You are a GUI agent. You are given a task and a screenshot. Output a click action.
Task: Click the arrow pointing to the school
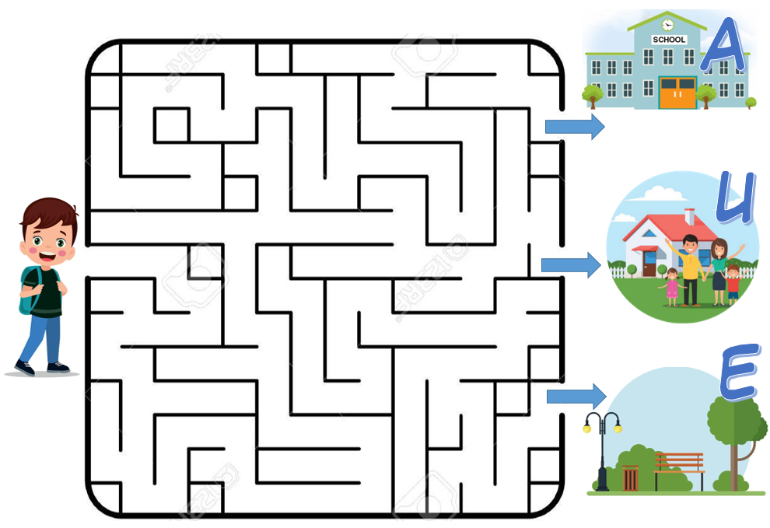click(574, 127)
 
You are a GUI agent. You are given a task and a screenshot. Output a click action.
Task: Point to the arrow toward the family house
click(570, 265)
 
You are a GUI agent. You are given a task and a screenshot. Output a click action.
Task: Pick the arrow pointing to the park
click(576, 397)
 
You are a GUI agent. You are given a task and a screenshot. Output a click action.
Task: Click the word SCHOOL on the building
click(668, 40)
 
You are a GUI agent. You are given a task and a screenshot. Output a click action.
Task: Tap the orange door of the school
click(677, 93)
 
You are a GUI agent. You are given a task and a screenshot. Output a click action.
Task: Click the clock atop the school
click(667, 24)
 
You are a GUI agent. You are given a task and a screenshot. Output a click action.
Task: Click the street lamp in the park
click(603, 451)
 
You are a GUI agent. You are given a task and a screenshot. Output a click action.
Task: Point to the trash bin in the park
click(630, 477)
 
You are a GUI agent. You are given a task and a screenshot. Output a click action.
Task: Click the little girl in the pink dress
click(671, 287)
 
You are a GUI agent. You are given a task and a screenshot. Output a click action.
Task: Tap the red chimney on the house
click(689, 215)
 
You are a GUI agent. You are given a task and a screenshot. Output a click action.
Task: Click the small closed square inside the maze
click(171, 125)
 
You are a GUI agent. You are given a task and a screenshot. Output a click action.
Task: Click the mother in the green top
click(718, 268)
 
